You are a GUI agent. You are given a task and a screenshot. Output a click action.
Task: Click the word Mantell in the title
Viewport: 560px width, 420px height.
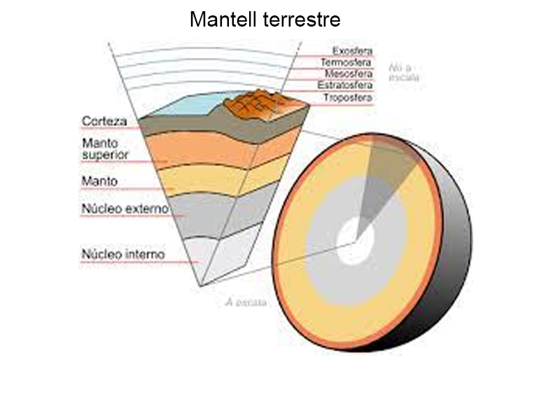[223, 20]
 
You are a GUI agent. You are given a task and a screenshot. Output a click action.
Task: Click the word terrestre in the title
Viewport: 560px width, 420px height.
[303, 20]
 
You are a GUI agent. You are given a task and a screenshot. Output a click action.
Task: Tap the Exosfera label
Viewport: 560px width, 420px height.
[352, 51]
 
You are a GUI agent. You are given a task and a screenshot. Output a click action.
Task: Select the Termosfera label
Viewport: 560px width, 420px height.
[346, 62]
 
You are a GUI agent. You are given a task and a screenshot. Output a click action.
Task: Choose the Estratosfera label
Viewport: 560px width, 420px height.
[345, 85]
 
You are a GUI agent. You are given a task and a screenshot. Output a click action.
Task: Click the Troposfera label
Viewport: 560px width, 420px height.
[348, 97]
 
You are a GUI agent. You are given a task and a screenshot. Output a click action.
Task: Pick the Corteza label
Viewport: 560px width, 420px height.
[104, 121]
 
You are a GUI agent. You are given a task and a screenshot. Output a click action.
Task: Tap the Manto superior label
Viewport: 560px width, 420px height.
[106, 148]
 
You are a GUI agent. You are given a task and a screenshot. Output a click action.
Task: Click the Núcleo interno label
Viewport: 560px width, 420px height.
[123, 255]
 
